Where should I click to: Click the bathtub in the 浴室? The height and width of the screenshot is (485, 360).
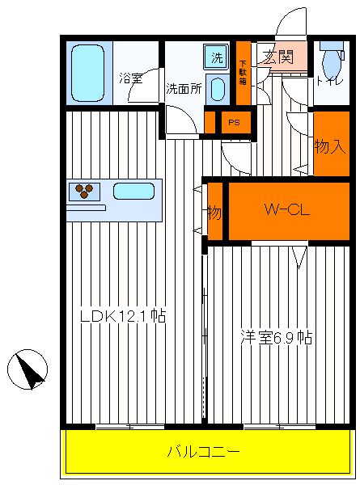(87, 73)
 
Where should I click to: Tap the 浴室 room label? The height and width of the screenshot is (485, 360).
(130, 78)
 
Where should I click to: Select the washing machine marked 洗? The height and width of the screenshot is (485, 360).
(216, 57)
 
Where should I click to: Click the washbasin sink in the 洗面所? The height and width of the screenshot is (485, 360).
(218, 90)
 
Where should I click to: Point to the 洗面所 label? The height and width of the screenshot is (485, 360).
(184, 89)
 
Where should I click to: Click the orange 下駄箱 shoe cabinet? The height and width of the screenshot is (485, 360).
(244, 73)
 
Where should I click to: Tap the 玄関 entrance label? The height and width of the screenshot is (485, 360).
(278, 57)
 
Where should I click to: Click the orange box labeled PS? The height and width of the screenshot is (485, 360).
(236, 123)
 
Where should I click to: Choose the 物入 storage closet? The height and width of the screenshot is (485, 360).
(332, 144)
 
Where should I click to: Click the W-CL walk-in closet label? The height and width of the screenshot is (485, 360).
(287, 210)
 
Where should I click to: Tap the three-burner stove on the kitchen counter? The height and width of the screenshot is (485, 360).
(84, 192)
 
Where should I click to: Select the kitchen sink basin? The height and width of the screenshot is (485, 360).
(133, 191)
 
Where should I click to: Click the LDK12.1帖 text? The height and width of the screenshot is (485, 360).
(123, 316)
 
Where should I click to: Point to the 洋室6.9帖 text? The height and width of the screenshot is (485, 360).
(277, 337)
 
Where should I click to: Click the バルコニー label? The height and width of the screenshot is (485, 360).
(203, 452)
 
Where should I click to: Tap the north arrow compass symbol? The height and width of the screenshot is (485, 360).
(28, 369)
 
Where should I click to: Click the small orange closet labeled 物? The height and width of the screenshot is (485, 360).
(215, 211)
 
